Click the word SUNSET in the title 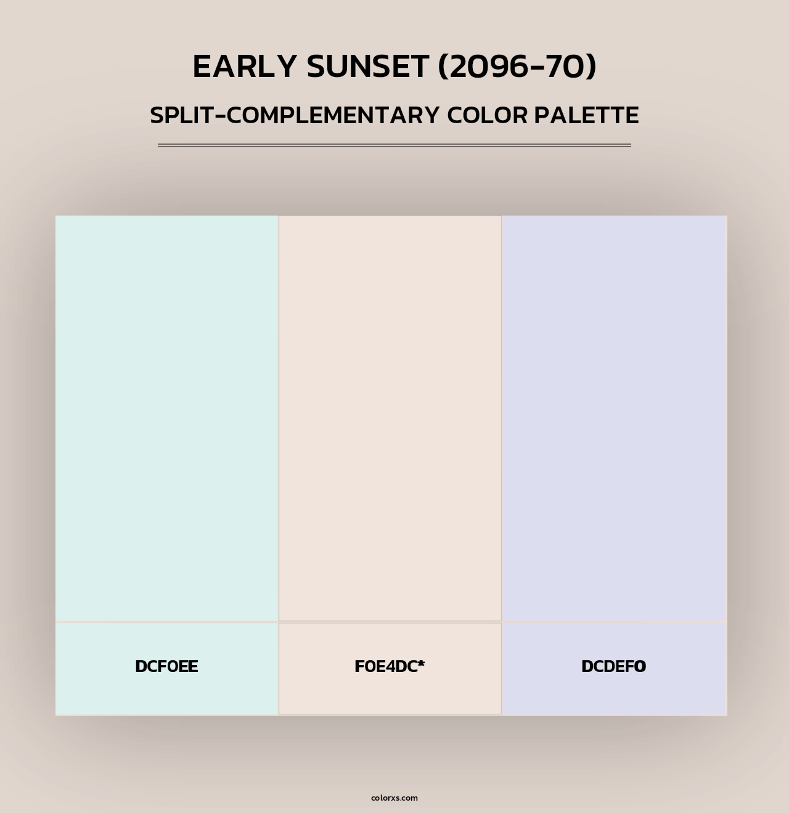[x=367, y=67]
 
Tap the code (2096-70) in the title [x=517, y=67]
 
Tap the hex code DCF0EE [x=166, y=666]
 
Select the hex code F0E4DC [x=385, y=666]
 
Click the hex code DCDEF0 [x=613, y=666]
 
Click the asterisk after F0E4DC [x=421, y=663]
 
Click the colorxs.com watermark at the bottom [x=394, y=798]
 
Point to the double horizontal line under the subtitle [x=394, y=145]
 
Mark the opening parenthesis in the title [x=443, y=67]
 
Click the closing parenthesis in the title [x=592, y=67]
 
